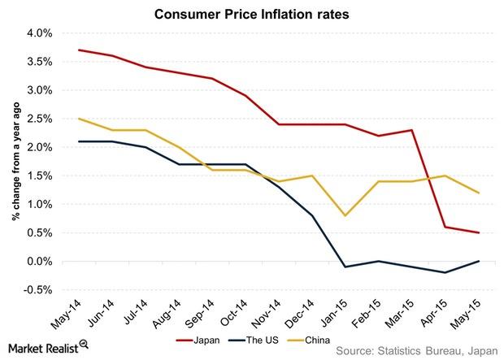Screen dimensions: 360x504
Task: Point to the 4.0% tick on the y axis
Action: point(41,33)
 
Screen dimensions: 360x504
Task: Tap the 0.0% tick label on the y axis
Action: point(41,261)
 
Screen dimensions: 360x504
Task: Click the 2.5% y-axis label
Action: point(41,119)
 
